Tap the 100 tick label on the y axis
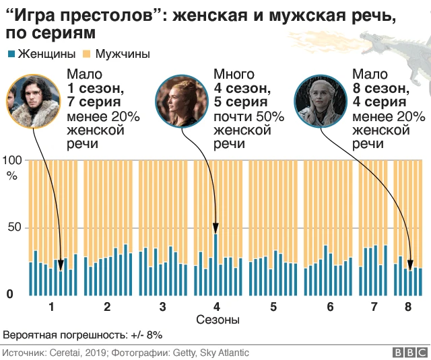pos(13,160)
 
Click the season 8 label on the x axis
pos(407,307)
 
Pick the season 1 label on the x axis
pos(51,307)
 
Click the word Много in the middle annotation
pos(234,74)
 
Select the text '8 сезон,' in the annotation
pos(380,88)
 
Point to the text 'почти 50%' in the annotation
pos(248,116)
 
